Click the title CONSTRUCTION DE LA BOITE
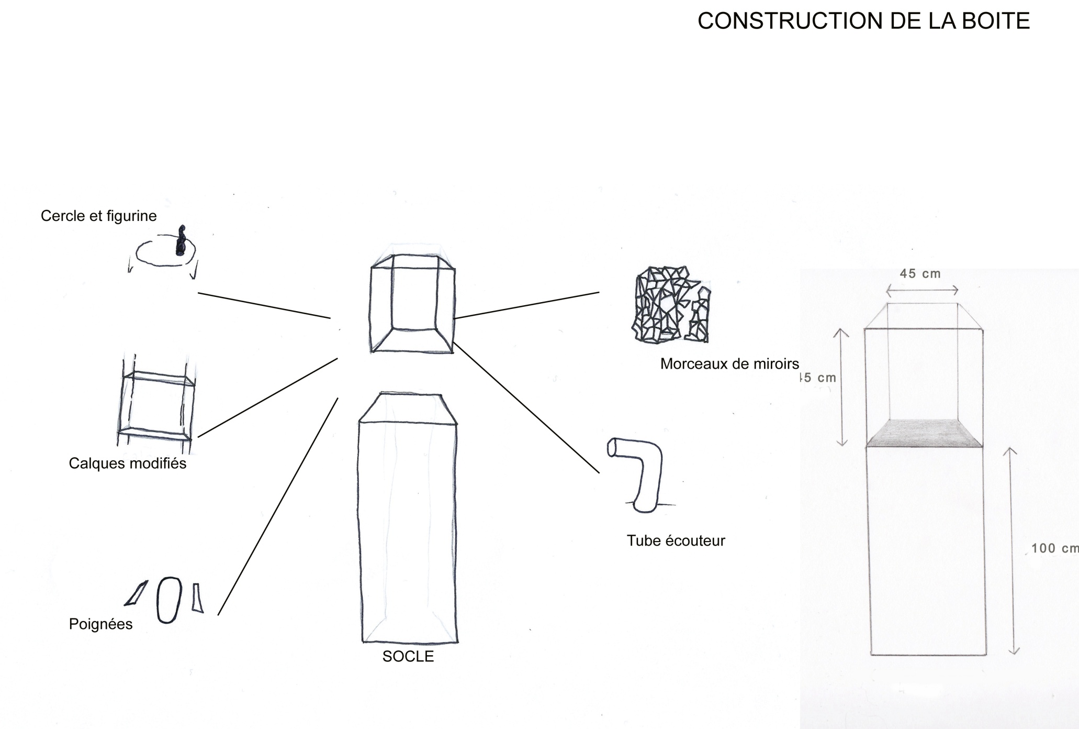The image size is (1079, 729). click(863, 21)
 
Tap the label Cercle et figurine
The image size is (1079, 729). click(98, 216)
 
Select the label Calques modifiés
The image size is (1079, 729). click(127, 463)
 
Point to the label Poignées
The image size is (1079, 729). click(100, 624)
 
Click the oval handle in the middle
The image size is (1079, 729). click(169, 600)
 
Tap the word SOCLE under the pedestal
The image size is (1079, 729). click(408, 656)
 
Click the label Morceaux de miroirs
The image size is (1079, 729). click(729, 363)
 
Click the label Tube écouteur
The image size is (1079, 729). click(676, 540)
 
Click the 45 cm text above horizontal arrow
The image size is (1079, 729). click(920, 273)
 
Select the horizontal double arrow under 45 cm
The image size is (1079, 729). click(922, 290)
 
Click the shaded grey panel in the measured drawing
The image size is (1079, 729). click(924, 433)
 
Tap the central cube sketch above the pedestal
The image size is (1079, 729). click(412, 304)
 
